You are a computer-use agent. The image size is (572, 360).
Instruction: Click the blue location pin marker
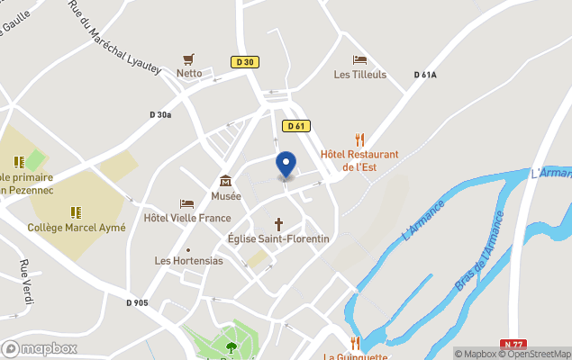point(286,165)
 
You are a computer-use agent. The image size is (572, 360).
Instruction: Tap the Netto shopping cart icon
point(189,59)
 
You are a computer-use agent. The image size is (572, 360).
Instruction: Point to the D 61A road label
point(425,75)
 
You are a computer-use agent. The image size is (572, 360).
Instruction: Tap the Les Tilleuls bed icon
point(359,60)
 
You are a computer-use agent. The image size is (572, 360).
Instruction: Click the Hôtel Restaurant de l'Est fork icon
point(360,139)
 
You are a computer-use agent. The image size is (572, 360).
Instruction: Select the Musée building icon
point(225,181)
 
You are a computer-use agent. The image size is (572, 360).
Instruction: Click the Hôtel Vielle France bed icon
point(187,203)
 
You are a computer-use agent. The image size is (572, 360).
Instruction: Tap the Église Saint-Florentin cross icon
point(278,223)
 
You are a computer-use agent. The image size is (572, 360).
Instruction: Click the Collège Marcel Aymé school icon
point(76,212)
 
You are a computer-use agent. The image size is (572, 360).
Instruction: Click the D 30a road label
point(160,114)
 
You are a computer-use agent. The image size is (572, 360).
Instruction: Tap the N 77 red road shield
point(513,345)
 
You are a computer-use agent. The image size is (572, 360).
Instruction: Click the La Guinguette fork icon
point(355,342)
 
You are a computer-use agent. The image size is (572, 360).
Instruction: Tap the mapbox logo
point(40,348)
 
